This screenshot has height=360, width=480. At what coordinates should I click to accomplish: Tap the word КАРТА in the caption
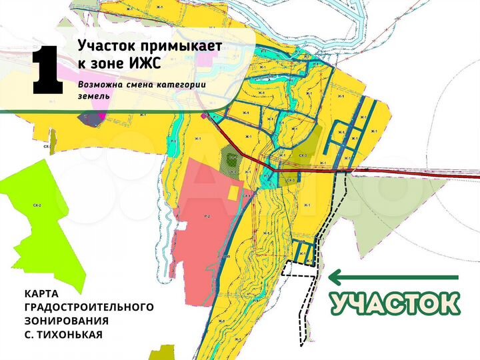[x=41, y=293]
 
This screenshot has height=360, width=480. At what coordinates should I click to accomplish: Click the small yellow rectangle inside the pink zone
[x=233, y=193]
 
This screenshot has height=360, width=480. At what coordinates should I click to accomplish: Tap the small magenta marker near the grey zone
[x=101, y=116]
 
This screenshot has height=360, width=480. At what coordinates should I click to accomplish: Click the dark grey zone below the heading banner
[x=88, y=119]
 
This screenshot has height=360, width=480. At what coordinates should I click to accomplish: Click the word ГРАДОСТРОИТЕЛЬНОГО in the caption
[x=89, y=307]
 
